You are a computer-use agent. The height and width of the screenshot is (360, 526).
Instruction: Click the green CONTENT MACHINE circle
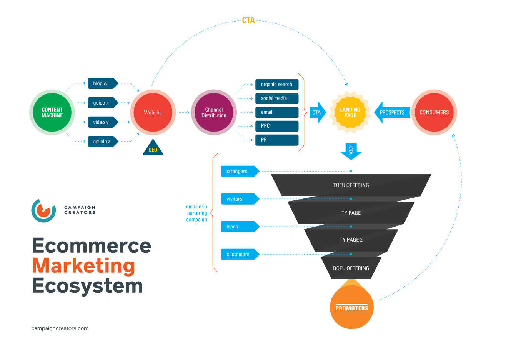[x=52, y=112]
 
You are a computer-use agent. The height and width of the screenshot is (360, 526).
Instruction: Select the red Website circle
[x=153, y=112]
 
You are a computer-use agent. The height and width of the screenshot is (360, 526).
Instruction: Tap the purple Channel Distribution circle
[x=214, y=112]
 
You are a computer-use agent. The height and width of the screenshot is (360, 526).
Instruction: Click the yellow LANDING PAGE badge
[x=350, y=112]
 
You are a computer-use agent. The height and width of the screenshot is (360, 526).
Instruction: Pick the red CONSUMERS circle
[x=434, y=112]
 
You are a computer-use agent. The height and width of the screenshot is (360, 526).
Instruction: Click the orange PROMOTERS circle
[x=351, y=308]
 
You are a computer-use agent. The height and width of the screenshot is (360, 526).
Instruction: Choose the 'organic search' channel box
[x=276, y=85]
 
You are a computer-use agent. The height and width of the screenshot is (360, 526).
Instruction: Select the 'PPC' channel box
[x=276, y=126]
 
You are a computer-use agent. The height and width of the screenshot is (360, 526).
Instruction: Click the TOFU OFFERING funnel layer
[x=351, y=185]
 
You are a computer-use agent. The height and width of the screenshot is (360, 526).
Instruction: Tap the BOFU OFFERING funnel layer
[x=351, y=268]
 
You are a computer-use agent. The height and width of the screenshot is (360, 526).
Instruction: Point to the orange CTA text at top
[x=248, y=20]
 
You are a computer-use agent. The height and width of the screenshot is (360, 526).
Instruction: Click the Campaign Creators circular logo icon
[x=43, y=210]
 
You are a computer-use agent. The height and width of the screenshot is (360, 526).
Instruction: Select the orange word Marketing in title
[x=83, y=266]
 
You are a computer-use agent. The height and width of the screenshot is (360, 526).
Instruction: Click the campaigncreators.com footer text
[x=60, y=328]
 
